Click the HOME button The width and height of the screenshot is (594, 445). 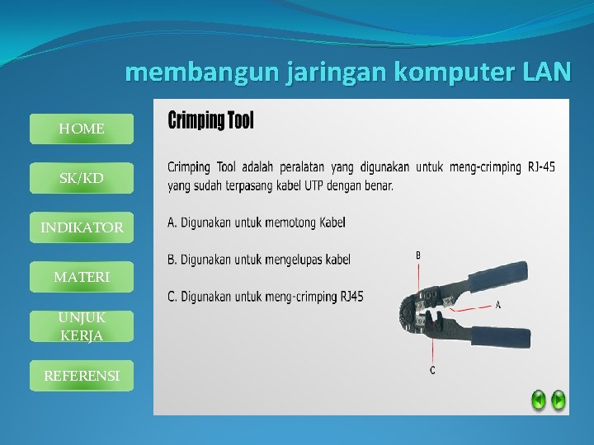click(x=82, y=129)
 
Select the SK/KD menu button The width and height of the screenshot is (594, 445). click(x=82, y=178)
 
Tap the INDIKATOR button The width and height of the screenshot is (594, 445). click(x=82, y=227)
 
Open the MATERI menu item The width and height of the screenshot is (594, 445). click(x=82, y=278)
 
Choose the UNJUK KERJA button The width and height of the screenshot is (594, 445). click(x=82, y=326)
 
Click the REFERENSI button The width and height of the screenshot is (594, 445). click(x=82, y=376)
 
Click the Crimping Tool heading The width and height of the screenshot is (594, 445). click(x=211, y=121)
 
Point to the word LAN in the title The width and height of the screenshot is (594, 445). click(x=546, y=73)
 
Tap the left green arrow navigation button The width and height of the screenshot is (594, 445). click(x=538, y=400)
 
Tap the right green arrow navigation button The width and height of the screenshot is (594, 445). click(x=559, y=400)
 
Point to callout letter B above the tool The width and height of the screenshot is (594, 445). click(x=418, y=255)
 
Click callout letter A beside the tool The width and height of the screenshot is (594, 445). click(x=497, y=305)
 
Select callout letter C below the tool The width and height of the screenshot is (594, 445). click(x=432, y=370)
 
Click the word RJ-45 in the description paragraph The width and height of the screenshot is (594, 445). click(x=541, y=167)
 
